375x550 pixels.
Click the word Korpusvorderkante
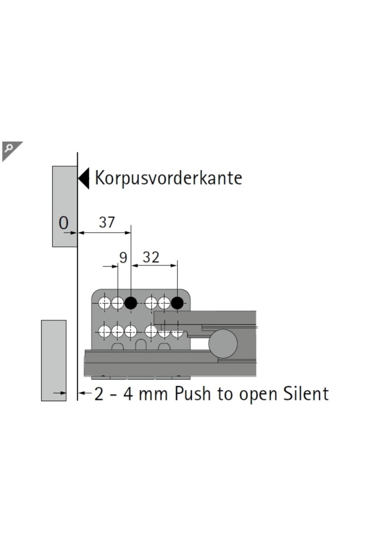click(x=168, y=178)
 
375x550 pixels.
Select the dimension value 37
click(x=107, y=222)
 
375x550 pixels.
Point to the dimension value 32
click(x=151, y=257)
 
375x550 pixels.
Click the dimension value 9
click(x=123, y=258)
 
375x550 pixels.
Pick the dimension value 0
click(x=63, y=223)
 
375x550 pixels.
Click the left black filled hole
click(x=131, y=302)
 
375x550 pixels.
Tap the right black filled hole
click(x=177, y=302)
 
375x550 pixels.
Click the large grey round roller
click(x=223, y=343)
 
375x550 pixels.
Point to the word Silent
click(x=306, y=394)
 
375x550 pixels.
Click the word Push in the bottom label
click(x=192, y=394)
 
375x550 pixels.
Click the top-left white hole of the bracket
click(x=104, y=302)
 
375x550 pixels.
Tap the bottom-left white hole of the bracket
click(x=104, y=331)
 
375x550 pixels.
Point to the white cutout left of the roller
click(x=199, y=344)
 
